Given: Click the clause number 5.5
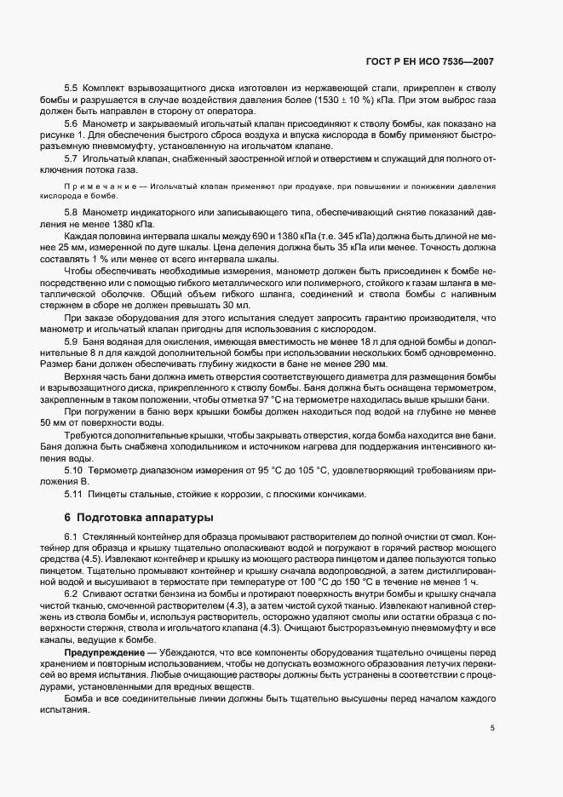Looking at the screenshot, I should point(71,89).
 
